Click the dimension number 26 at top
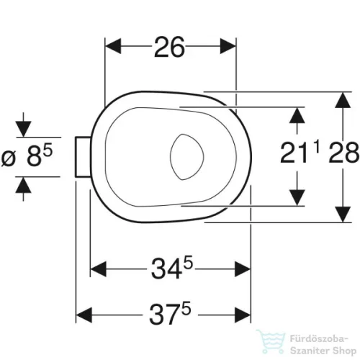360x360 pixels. [170, 47]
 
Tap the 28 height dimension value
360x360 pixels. [343, 153]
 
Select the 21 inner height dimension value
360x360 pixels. [294, 153]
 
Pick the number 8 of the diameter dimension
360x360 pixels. [33, 156]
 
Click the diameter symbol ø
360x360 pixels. [9, 158]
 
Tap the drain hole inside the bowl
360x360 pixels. [187, 157]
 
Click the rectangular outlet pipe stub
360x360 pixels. [84, 157]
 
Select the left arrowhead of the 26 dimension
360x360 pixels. [113, 46]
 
